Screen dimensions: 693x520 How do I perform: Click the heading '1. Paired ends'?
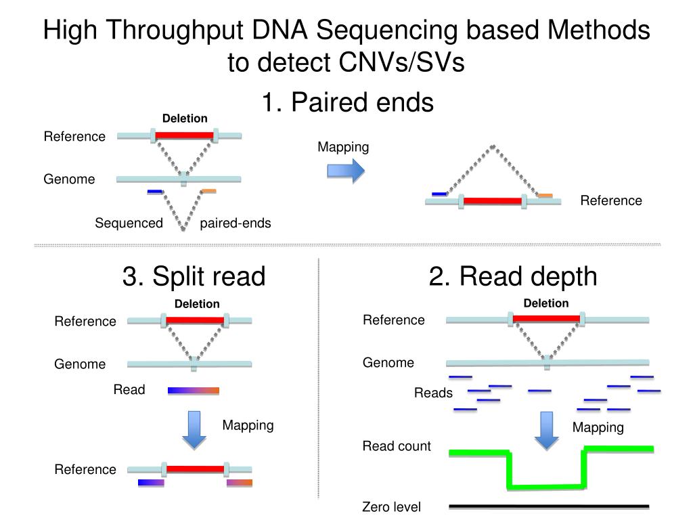click(347, 102)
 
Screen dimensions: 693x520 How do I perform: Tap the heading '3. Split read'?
click(194, 276)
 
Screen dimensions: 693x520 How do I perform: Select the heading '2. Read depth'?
click(513, 276)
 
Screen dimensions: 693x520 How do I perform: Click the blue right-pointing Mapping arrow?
click(346, 171)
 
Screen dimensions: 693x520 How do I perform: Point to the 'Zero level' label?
click(391, 506)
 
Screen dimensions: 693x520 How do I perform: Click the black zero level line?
click(549, 506)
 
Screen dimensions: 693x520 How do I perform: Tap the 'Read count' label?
click(397, 446)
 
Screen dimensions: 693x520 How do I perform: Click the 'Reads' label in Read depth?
click(433, 393)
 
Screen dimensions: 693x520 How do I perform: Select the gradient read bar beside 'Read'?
click(194, 391)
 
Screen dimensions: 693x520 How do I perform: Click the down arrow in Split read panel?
click(194, 430)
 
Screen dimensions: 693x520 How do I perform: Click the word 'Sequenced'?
click(129, 223)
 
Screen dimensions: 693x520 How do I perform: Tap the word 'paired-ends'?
click(235, 223)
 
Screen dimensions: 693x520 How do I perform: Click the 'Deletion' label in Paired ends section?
click(185, 118)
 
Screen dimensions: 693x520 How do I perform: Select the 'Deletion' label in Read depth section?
click(546, 303)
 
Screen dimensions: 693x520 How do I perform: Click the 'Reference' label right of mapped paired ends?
click(611, 200)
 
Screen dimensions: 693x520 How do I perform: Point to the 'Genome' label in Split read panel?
click(80, 364)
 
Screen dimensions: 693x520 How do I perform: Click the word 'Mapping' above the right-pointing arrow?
click(343, 147)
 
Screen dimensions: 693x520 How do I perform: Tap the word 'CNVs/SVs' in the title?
click(402, 62)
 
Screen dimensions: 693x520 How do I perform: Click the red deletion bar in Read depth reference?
click(546, 318)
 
